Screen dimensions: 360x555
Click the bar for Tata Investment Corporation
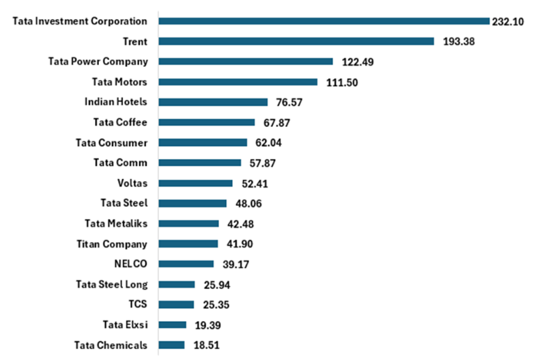click(324, 21)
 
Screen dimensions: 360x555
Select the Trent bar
click(296, 41)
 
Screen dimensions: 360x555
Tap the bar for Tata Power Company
click(246, 61)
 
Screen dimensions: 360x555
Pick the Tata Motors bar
click(238, 82)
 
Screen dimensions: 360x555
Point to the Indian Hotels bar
click(213, 102)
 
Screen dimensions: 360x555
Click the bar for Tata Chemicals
click(171, 345)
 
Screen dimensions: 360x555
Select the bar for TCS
click(176, 305)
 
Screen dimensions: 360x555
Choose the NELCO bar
click(186, 264)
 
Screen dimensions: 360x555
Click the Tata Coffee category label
click(120, 122)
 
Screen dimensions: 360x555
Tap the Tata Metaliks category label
click(116, 223)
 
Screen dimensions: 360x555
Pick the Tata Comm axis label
click(120, 163)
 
